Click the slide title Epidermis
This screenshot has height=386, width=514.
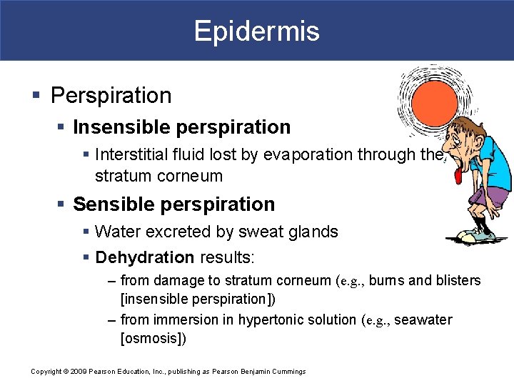(256, 31)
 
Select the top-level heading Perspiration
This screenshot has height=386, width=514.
(111, 96)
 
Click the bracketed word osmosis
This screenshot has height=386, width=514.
(153, 338)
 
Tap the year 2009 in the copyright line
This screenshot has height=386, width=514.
(79, 372)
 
